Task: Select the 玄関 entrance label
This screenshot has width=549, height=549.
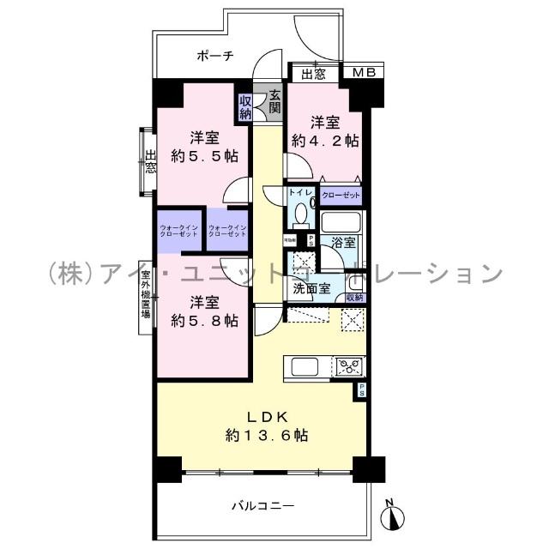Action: coord(274,102)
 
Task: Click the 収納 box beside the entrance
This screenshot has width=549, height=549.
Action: coord(245,106)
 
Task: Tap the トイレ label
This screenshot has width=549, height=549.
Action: coord(299,194)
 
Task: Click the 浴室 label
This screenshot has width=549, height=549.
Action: coord(343,243)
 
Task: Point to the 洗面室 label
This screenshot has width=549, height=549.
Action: coord(311,289)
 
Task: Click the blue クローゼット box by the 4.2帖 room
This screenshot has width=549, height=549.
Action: coord(341,195)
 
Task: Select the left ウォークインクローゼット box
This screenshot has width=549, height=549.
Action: coord(179,232)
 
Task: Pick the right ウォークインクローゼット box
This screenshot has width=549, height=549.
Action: coord(227,232)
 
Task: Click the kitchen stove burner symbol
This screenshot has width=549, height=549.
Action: coord(349,367)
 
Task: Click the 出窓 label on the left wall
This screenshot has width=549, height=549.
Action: coord(150,162)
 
